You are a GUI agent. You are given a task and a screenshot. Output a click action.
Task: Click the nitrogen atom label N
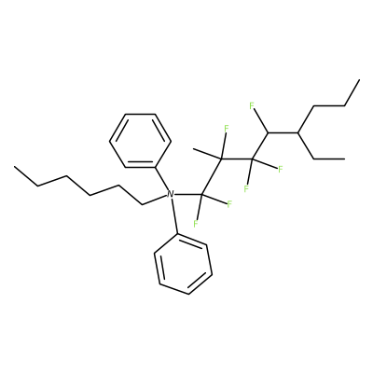[170, 195]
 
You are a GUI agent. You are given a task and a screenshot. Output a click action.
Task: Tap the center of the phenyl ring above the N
[140, 141]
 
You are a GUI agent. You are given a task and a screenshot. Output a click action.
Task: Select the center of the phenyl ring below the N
[184, 264]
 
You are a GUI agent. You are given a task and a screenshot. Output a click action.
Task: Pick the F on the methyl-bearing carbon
[227, 128]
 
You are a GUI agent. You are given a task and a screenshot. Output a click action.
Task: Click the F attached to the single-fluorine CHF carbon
[252, 106]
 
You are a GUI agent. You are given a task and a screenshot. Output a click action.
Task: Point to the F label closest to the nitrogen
[196, 223]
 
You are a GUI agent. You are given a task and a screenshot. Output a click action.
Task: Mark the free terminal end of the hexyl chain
[14, 167]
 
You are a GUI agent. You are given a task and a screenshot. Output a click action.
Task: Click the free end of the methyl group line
[193, 149]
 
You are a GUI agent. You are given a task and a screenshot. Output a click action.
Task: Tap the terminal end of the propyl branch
[359, 80]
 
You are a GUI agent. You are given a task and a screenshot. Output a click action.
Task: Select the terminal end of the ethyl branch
[345, 159]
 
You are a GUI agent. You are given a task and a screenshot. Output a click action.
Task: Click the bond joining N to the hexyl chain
[155, 200]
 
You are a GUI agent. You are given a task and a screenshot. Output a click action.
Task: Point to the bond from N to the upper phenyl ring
[161, 179]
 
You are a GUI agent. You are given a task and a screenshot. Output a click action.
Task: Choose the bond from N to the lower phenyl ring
[174, 216]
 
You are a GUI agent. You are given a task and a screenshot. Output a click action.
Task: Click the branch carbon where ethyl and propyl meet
[298, 132]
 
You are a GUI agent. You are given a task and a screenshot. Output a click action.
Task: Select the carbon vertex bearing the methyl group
[221, 159]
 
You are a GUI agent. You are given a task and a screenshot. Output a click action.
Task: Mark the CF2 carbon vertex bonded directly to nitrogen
[201, 195]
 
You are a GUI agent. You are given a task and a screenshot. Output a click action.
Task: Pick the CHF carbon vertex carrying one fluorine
[268, 132]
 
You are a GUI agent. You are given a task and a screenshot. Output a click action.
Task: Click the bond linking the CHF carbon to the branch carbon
[283, 132]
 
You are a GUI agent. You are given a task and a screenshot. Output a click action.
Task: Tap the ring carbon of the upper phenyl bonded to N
[155, 168]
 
